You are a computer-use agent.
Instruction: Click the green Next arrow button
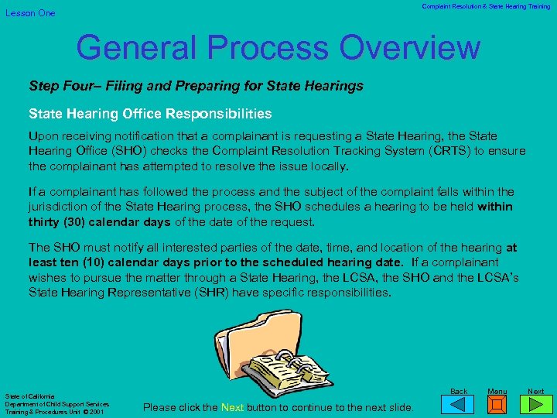click(x=535, y=406)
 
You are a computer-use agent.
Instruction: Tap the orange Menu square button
click(x=497, y=406)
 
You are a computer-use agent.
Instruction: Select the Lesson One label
click(x=31, y=13)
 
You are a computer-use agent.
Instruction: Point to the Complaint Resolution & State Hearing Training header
click(x=486, y=6)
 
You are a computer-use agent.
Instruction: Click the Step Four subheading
click(x=196, y=85)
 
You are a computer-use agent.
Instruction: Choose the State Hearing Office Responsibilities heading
click(x=150, y=114)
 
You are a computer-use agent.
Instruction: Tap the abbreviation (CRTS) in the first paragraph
click(x=433, y=151)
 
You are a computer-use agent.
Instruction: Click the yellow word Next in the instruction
click(x=234, y=407)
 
